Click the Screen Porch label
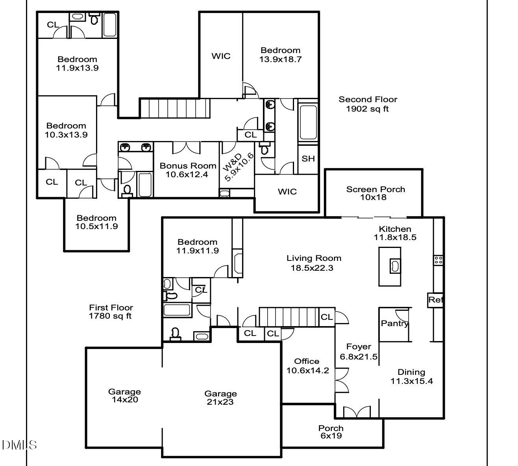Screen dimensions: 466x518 (x=375, y=189)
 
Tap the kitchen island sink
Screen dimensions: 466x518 (x=394, y=266)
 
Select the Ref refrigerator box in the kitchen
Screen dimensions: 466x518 (x=435, y=300)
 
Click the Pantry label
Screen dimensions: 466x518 (x=394, y=323)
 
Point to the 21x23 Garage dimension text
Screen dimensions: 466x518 (x=220, y=402)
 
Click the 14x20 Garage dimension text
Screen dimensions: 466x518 (x=124, y=400)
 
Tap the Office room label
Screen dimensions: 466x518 (x=307, y=361)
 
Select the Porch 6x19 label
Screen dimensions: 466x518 (x=331, y=431)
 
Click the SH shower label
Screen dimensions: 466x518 (x=308, y=159)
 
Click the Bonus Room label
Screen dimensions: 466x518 (x=188, y=166)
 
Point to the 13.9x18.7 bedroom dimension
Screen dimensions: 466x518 (x=280, y=59)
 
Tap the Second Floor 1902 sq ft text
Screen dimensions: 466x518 (x=368, y=104)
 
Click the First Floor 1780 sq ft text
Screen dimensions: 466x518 (x=111, y=312)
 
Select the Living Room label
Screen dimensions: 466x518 (x=314, y=258)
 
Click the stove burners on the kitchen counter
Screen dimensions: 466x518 (x=438, y=260)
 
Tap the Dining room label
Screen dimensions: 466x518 (x=411, y=372)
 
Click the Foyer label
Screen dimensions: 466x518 (x=358, y=347)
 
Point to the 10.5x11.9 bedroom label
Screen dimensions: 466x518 (x=96, y=222)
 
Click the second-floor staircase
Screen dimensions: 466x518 (x=175, y=108)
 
